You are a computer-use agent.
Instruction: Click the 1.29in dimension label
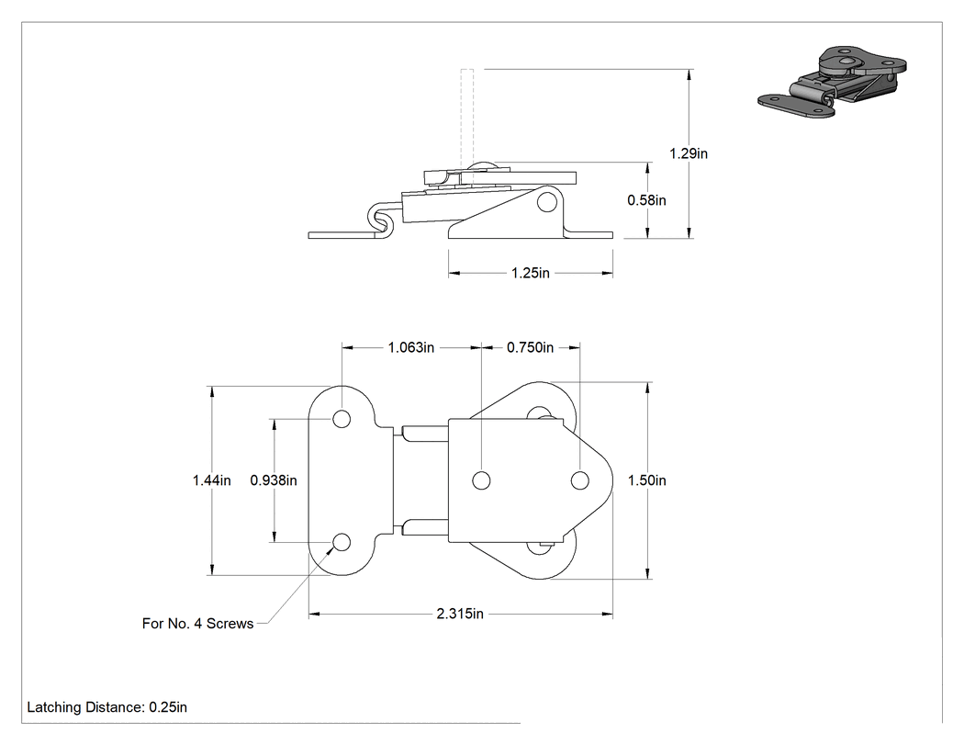tap(689, 153)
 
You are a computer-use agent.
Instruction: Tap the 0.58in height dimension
tap(646, 200)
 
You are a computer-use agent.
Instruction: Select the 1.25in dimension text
tap(531, 273)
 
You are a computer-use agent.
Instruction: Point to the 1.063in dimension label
tap(410, 347)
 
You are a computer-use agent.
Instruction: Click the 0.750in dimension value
tap(530, 347)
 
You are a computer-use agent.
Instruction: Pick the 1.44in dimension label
tap(211, 480)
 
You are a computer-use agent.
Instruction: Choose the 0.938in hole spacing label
tap(274, 480)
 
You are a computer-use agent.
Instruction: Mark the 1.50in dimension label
tap(646, 480)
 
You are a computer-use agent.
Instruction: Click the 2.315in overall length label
tap(460, 614)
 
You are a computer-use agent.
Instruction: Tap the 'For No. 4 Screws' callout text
tap(198, 624)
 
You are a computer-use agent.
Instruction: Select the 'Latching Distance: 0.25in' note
tap(107, 707)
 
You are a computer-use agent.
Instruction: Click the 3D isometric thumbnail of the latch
tap(833, 81)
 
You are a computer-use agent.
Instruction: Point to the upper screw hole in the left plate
tap(342, 419)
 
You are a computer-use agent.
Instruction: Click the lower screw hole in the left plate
tap(342, 542)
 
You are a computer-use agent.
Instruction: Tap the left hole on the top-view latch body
tap(481, 480)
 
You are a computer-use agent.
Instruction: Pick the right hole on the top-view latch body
tap(579, 480)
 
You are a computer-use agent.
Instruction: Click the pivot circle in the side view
tap(546, 202)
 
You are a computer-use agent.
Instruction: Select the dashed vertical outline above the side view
tap(466, 117)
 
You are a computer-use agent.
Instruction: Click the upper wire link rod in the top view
tap(425, 434)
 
